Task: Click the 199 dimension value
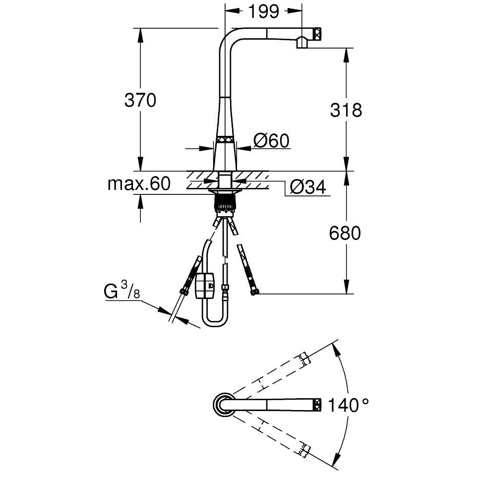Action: pyautogui.click(x=263, y=11)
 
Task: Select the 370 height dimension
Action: pyautogui.click(x=140, y=100)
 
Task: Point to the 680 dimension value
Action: pyautogui.click(x=345, y=233)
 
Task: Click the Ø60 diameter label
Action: pyautogui.click(x=271, y=141)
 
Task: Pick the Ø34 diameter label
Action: pyautogui.click(x=308, y=187)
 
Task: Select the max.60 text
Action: pyautogui.click(x=139, y=183)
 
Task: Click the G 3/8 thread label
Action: pyautogui.click(x=122, y=290)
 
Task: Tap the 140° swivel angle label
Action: pyautogui.click(x=348, y=405)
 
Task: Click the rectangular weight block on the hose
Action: pyautogui.click(x=205, y=285)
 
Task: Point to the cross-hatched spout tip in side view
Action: pyautogui.click(x=317, y=34)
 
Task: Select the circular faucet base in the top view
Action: pyautogui.click(x=224, y=404)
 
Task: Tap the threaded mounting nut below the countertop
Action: pyautogui.click(x=225, y=203)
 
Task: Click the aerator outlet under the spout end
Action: pyautogui.click(x=302, y=43)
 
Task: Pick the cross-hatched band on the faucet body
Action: pyautogui.click(x=225, y=140)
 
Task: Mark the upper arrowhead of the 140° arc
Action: pyautogui.click(x=336, y=349)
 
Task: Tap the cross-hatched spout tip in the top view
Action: pyautogui.click(x=317, y=404)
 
